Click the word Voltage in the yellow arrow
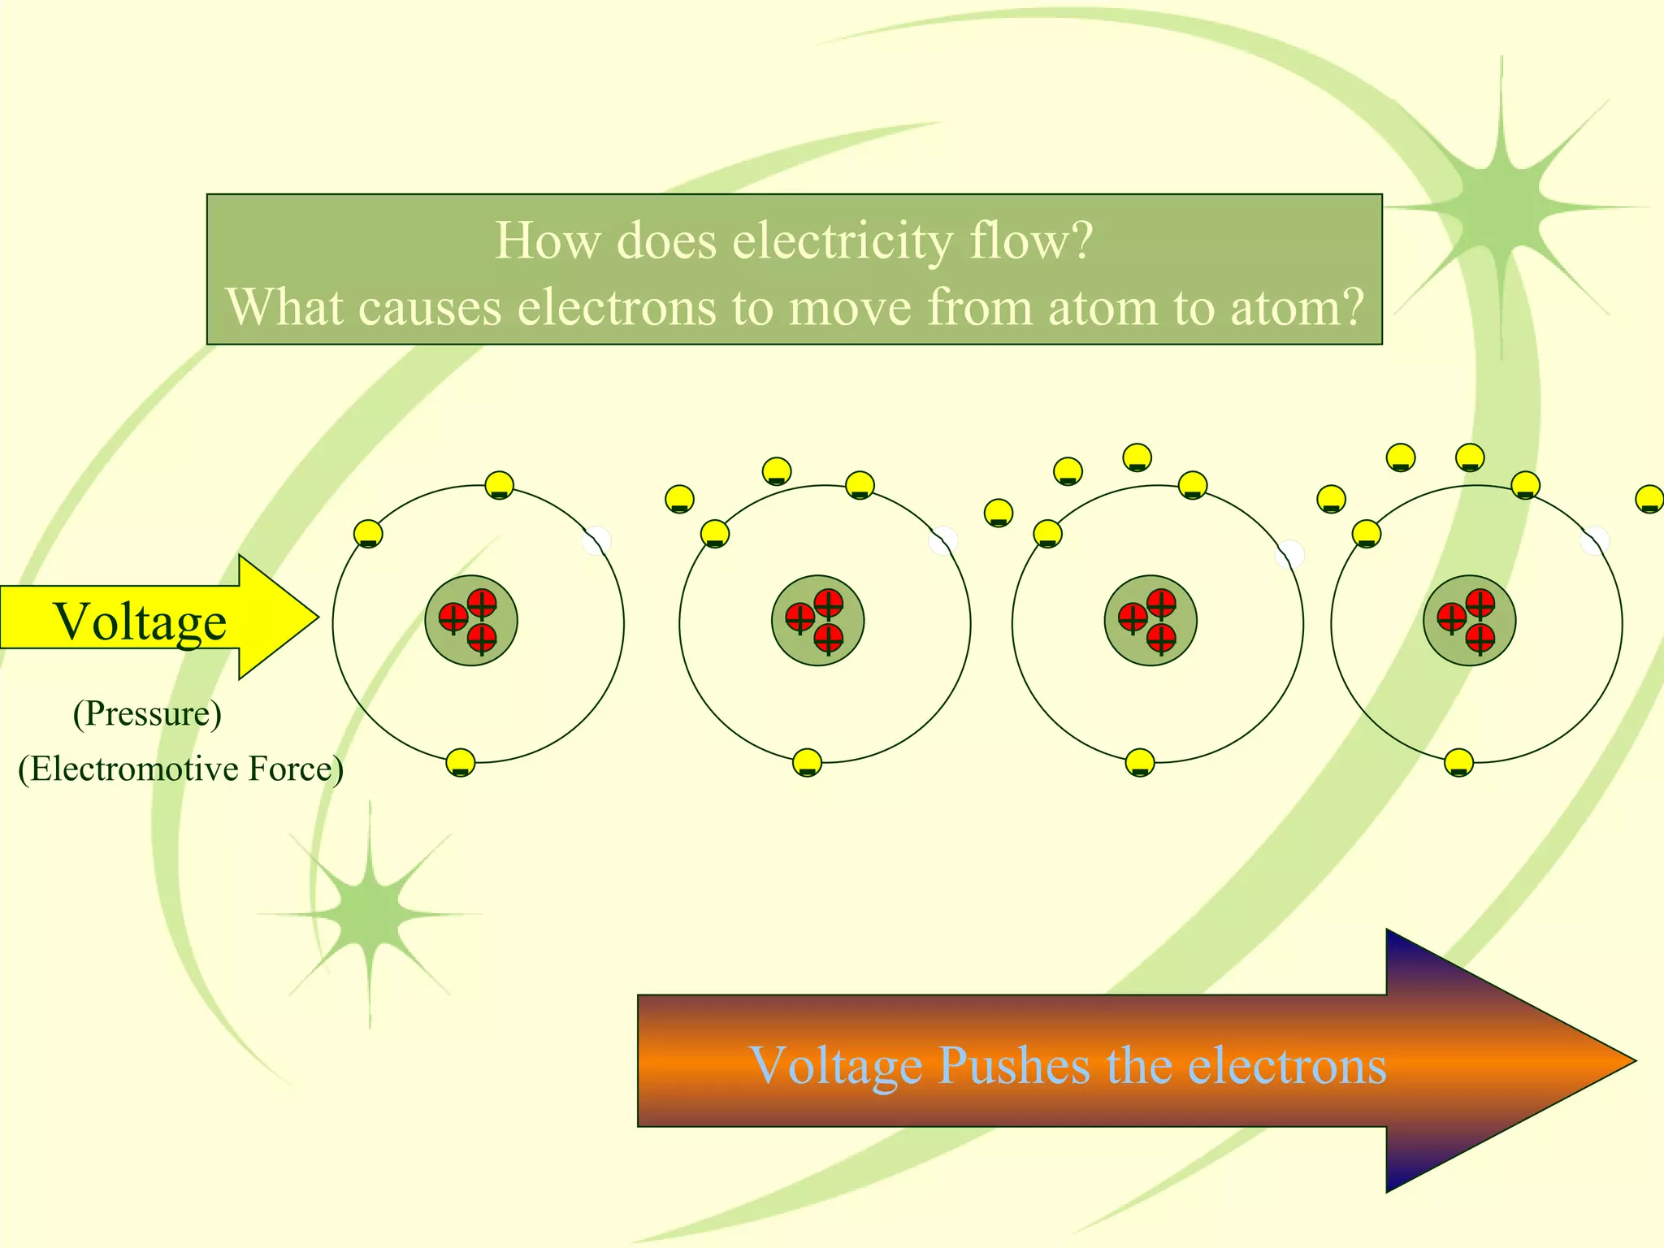pos(140,622)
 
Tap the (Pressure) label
pos(147,714)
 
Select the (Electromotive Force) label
pos(180,769)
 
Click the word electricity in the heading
pos(843,241)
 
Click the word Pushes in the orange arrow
pos(1013,1065)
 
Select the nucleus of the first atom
pos(471,621)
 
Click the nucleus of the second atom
pos(817,621)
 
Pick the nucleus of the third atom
pos(1150,621)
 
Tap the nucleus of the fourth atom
pos(1469,621)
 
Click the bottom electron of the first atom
pos(461,763)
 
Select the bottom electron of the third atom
pos(1140,763)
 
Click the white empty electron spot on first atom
pos(596,540)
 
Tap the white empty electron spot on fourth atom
pos(1594,540)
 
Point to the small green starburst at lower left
pos(370,914)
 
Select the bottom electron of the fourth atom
pos(1459,763)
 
